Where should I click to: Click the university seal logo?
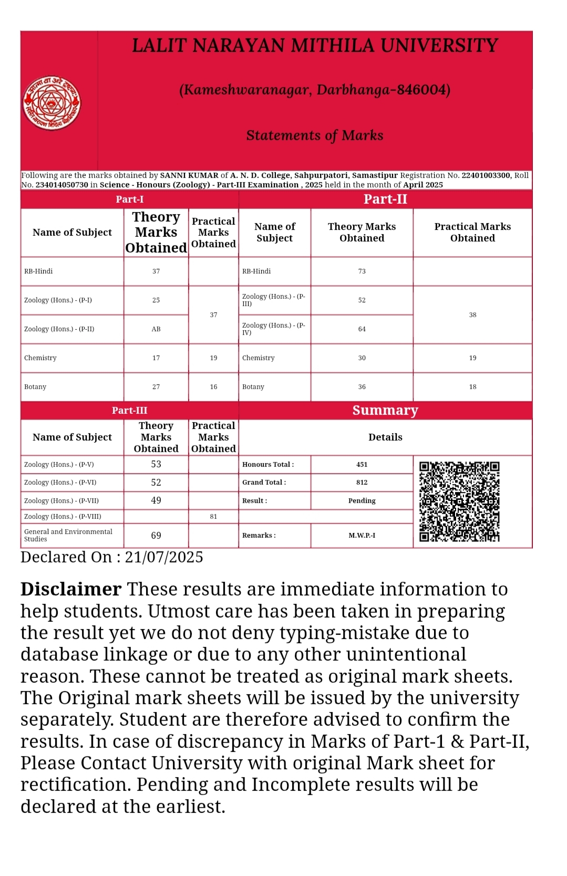[51, 103]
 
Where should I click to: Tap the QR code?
[459, 501]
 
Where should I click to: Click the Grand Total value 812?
[362, 482]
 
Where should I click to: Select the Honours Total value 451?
[362, 464]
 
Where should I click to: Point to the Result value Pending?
[362, 500]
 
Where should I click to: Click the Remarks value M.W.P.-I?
[362, 535]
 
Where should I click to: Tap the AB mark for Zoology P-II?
[156, 329]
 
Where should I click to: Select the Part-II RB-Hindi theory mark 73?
[362, 271]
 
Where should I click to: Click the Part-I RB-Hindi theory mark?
[156, 271]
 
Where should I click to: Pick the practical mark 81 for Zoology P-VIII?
[213, 516]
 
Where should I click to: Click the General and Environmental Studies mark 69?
[156, 535]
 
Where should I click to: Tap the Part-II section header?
[385, 199]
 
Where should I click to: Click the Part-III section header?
[129, 410]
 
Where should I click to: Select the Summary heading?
[385, 410]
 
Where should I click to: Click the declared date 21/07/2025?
[164, 557]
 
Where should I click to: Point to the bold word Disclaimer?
[71, 589]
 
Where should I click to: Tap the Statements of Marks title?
[315, 135]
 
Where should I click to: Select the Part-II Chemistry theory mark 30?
[362, 358]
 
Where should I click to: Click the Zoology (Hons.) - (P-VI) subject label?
[60, 482]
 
